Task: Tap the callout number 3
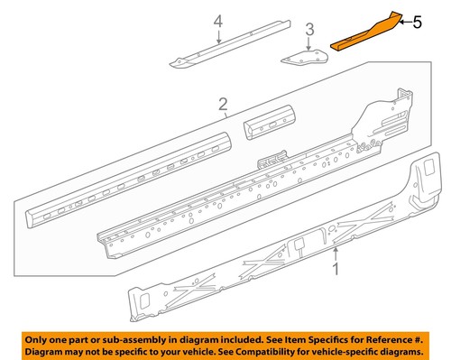pos(308,32)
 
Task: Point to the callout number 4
pos(217,21)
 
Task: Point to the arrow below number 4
pos(217,36)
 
